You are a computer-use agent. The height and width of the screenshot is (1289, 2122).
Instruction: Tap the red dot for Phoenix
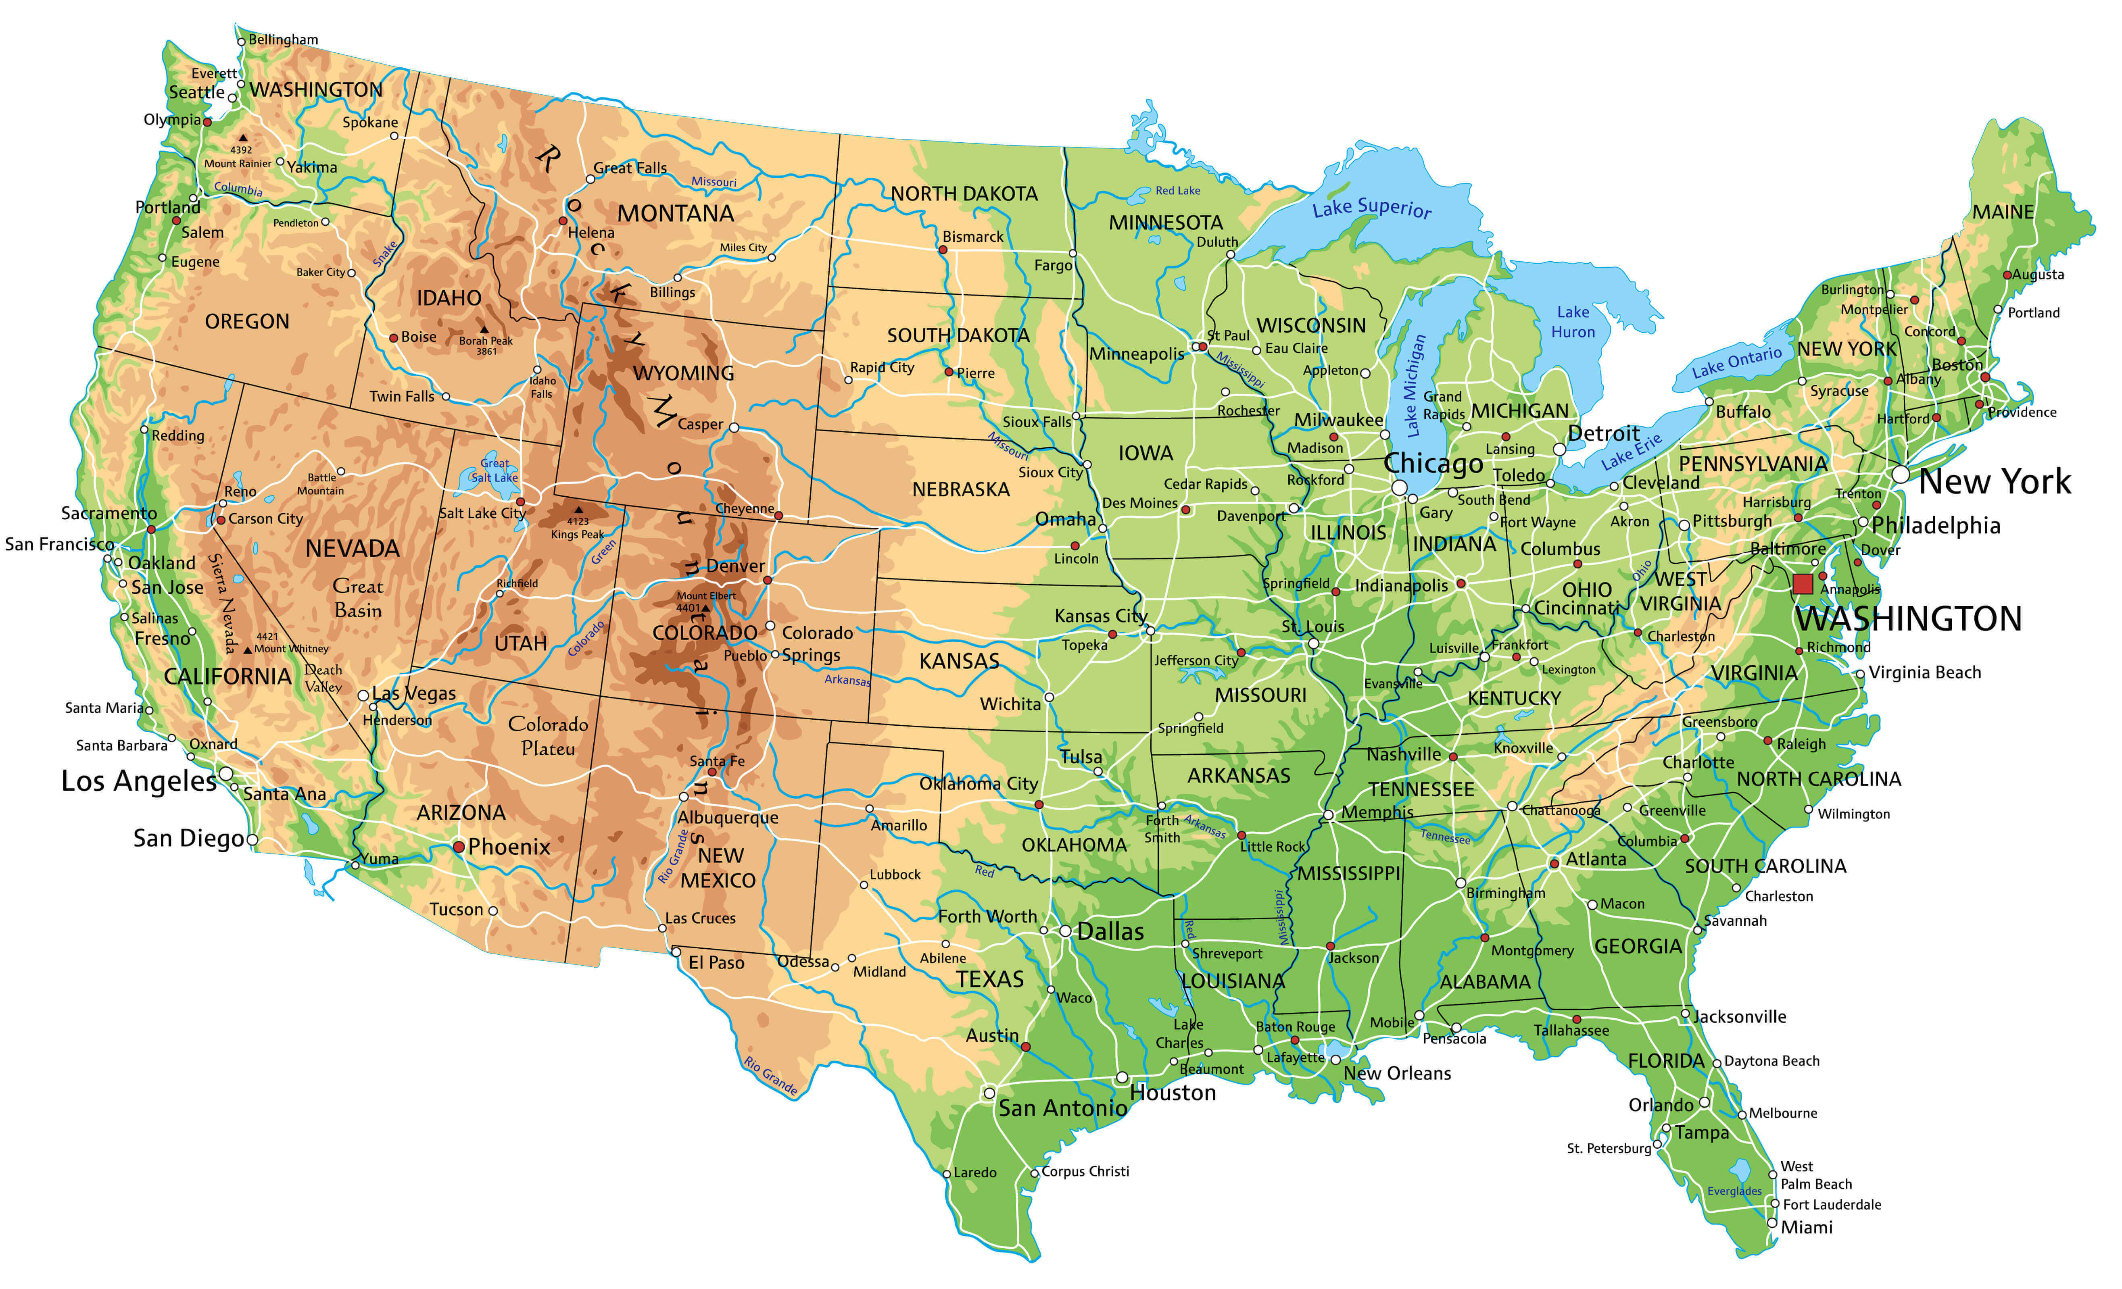(459, 847)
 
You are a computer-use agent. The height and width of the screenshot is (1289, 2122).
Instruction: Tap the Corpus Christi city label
(1085, 1171)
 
